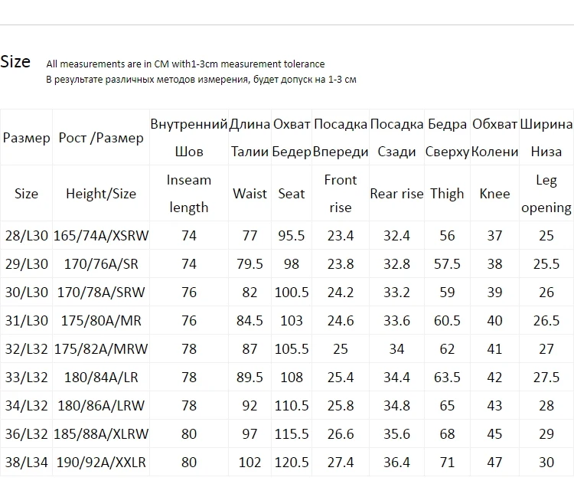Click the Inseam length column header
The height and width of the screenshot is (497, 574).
pyautogui.click(x=189, y=194)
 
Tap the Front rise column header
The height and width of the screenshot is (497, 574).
pyautogui.click(x=341, y=194)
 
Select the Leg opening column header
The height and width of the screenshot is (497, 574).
pyautogui.click(x=546, y=194)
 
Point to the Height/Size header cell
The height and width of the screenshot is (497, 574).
pyautogui.click(x=101, y=194)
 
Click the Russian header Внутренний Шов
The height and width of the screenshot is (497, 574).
pyautogui.click(x=189, y=138)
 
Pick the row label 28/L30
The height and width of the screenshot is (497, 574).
pyautogui.click(x=26, y=236)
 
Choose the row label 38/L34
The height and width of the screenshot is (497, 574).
pyautogui.click(x=26, y=463)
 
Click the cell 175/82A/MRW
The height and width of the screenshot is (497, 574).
pyautogui.click(x=101, y=349)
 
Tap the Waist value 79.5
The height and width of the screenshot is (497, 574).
pyautogui.click(x=249, y=264)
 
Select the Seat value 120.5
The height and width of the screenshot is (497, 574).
pyautogui.click(x=292, y=463)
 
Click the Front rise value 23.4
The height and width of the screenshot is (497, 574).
pyautogui.click(x=341, y=236)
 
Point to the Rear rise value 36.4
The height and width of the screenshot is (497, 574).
pyautogui.click(x=396, y=463)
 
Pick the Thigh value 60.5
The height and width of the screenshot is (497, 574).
pyautogui.click(x=447, y=321)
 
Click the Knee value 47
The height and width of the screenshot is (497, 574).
pyautogui.click(x=494, y=463)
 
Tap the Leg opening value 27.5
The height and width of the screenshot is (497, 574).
pyautogui.click(x=546, y=378)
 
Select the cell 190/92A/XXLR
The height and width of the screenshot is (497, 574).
pyautogui.click(x=101, y=463)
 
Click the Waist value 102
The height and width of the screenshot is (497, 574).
pyautogui.click(x=249, y=463)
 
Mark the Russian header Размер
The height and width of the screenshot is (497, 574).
pyautogui.click(x=26, y=139)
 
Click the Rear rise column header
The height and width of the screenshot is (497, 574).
pyautogui.click(x=396, y=194)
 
